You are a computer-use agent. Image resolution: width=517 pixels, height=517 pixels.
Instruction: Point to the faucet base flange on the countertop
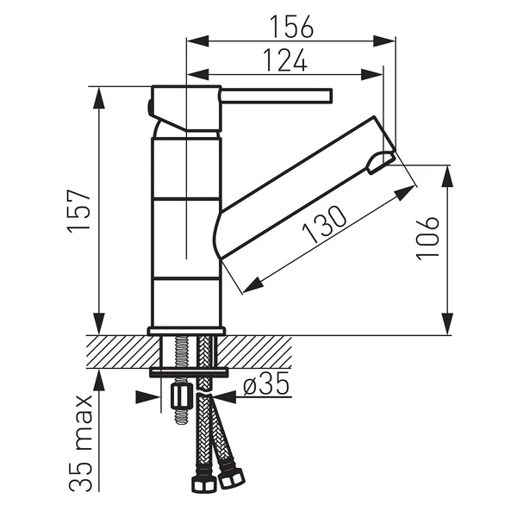tap(186, 330)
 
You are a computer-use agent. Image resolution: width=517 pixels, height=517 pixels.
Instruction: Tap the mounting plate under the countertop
tap(189, 372)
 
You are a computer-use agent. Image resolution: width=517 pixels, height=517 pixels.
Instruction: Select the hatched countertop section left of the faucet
tap(121, 352)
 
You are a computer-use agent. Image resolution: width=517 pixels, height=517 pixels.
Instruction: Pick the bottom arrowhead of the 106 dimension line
tap(448, 327)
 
